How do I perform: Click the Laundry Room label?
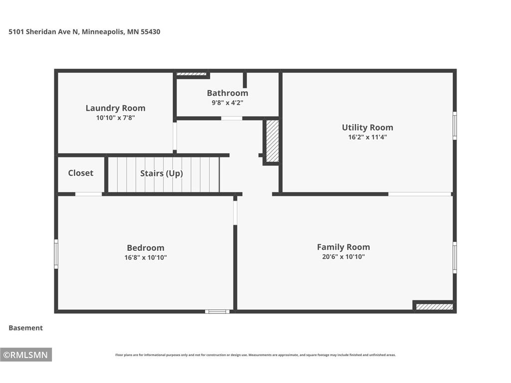tap(115, 108)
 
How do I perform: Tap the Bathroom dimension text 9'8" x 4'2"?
tap(228, 103)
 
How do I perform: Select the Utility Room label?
tap(367, 127)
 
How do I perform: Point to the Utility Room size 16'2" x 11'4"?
tap(367, 137)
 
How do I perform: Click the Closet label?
tap(80, 173)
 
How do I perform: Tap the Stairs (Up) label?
tap(161, 173)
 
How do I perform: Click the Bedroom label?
tap(145, 248)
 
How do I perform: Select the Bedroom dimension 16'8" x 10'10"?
tap(145, 258)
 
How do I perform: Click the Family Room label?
tap(343, 247)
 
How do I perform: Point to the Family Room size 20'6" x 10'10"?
tap(343, 257)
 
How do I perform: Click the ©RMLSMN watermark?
tap(26, 355)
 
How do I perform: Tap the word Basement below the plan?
tap(26, 328)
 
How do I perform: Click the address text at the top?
tap(84, 32)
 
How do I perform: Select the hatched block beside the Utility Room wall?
tap(272, 141)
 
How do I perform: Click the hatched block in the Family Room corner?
tap(435, 307)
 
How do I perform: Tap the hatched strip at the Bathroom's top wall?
tap(191, 74)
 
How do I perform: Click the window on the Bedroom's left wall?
tap(56, 254)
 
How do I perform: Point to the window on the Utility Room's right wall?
tap(455, 126)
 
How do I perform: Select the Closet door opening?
tap(89, 194)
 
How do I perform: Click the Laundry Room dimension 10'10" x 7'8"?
tap(115, 118)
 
